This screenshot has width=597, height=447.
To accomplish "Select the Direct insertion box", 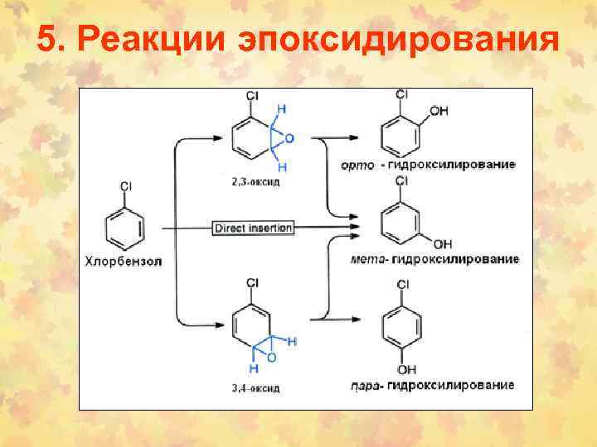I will tap(254, 227).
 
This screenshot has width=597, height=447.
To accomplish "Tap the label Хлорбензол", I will tap(123, 262).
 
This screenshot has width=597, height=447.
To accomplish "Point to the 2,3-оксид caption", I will tap(255, 181).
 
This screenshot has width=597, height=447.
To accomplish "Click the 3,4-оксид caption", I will tap(255, 387).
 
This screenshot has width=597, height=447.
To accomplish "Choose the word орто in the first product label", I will tap(357, 165).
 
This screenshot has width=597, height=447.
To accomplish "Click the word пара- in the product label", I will tap(365, 385).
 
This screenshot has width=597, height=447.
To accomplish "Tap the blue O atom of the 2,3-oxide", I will tap(289, 139).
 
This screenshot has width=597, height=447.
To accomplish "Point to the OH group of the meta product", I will tap(443, 244).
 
